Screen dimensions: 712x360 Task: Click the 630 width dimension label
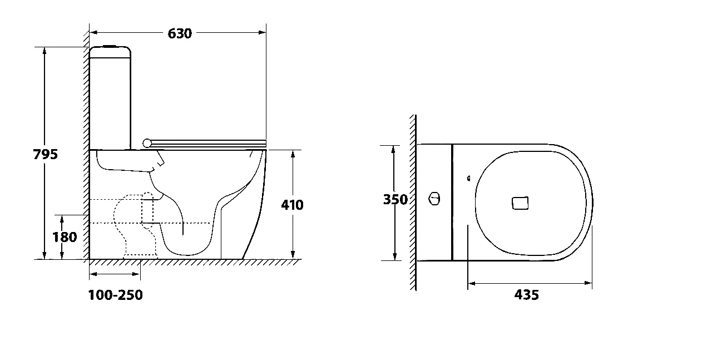pos(180,33)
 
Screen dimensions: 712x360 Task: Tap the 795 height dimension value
pos(46,155)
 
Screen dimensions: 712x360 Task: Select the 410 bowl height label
pos(292,205)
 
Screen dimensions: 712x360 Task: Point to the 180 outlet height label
pos(65,237)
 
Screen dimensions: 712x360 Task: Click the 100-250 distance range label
pos(115,295)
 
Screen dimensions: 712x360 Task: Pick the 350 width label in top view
pos(395,200)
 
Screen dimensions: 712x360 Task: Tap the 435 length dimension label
pos(526,295)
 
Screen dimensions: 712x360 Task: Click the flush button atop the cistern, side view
pos(110,46)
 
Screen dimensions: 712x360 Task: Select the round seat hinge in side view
pos(147,143)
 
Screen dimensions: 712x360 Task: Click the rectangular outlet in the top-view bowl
pos(520,203)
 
